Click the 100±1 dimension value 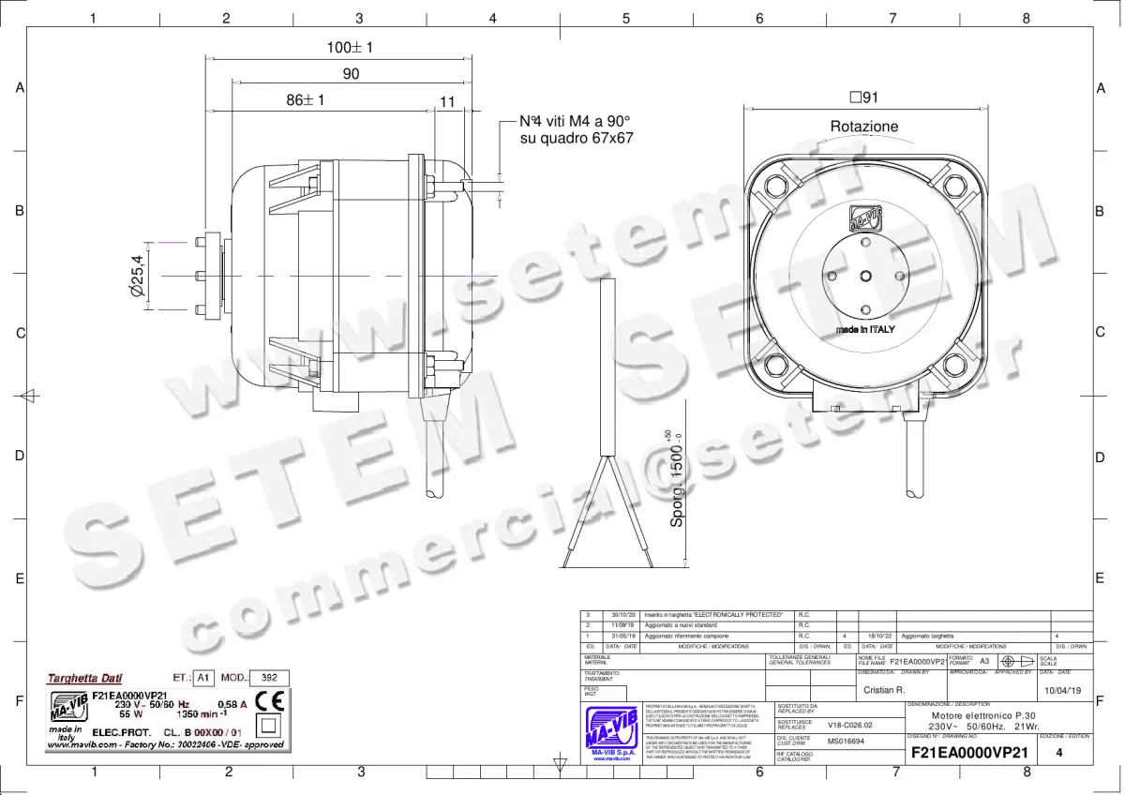(x=350, y=48)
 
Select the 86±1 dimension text (x=305, y=100)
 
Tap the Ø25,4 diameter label (x=137, y=277)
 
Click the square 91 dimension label (x=863, y=97)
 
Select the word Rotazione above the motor (x=863, y=126)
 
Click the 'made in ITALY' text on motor (x=865, y=330)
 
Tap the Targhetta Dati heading (x=85, y=678)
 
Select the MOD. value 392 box (x=268, y=678)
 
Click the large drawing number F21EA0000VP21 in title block (x=969, y=753)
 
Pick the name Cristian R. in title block (x=883, y=690)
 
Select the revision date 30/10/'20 (x=623, y=615)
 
